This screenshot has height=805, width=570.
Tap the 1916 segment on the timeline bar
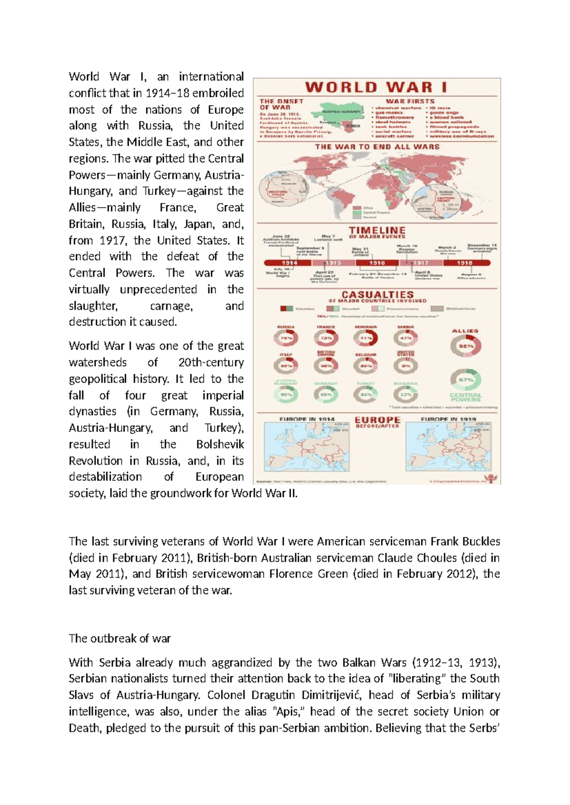(377, 262)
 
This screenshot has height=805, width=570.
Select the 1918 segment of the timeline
(465, 262)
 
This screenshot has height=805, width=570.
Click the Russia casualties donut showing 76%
(286, 338)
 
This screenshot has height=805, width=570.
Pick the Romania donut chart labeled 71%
(366, 338)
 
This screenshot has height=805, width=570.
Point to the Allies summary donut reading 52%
(465, 346)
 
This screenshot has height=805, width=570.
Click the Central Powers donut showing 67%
(465, 380)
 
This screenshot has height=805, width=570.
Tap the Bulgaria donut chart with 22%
(405, 394)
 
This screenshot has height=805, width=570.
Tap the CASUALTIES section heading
(378, 295)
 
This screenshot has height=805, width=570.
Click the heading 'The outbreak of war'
(119, 638)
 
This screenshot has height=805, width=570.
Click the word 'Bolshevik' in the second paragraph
(220, 445)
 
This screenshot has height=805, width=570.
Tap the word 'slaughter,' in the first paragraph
(93, 306)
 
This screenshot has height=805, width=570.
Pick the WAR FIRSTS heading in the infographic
(410, 101)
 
